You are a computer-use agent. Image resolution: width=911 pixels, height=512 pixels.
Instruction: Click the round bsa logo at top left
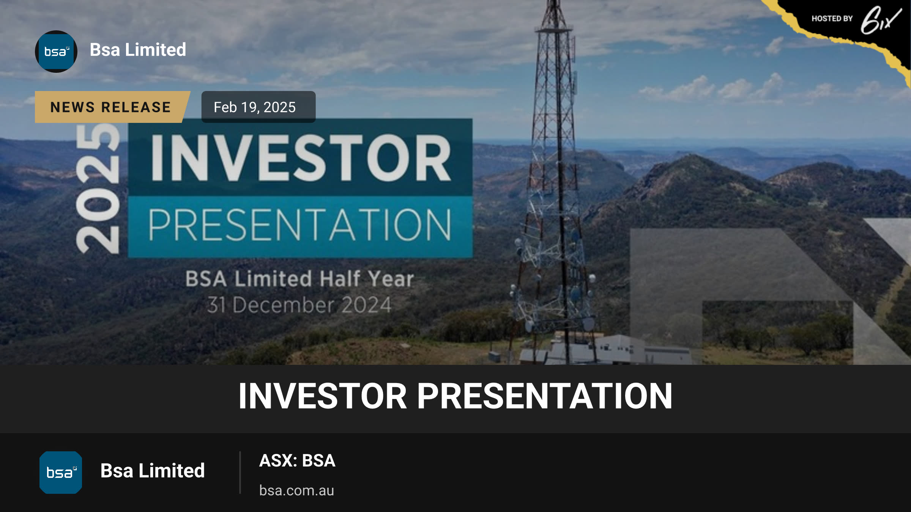point(56,52)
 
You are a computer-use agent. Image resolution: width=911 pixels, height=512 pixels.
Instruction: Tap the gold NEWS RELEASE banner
point(111,107)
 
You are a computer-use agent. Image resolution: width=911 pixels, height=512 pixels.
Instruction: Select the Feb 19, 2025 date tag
point(258,107)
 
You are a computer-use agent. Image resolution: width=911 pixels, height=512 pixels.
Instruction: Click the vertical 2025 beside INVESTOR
point(98,188)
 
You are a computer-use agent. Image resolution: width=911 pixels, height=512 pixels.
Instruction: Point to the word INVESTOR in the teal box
point(301,158)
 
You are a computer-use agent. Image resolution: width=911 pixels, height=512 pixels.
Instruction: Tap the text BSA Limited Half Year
point(299,279)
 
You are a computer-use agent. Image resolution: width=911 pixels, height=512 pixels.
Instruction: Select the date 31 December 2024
point(299,305)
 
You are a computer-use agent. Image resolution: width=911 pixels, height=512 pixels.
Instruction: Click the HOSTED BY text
point(832,19)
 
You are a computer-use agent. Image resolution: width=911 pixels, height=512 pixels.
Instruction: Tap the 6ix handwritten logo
point(881,20)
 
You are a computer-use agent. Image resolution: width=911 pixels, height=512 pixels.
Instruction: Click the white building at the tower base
point(607,349)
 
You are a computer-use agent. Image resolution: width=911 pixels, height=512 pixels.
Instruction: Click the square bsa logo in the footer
point(61,473)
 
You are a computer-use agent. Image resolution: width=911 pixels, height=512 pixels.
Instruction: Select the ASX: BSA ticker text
point(297,461)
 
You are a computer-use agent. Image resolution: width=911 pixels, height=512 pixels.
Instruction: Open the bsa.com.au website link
point(296,490)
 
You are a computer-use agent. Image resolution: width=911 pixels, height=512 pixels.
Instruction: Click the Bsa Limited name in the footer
point(153,471)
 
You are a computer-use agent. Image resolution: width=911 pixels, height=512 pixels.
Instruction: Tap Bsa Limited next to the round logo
point(138,50)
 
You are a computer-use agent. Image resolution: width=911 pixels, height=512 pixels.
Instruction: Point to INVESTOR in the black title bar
point(323,396)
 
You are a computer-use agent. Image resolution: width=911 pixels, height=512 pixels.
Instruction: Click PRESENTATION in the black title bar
point(545,396)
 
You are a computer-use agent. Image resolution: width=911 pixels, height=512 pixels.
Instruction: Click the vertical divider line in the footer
point(240,473)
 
